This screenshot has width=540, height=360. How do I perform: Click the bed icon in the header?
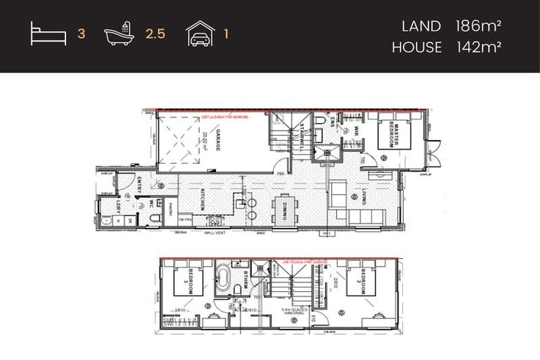pyautogui.click(x=49, y=34)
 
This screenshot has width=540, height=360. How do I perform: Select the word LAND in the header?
pyautogui.click(x=420, y=27)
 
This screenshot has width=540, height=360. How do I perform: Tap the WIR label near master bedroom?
pyautogui.click(x=357, y=131)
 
